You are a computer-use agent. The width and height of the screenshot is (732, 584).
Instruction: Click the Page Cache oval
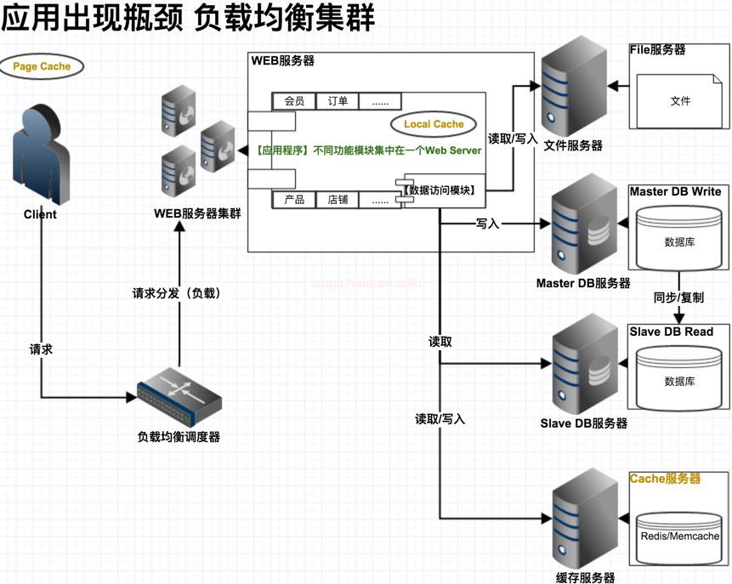(42, 66)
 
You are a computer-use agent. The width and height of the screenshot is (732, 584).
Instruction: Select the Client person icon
(41, 155)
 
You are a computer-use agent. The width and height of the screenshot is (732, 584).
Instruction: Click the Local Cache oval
(434, 124)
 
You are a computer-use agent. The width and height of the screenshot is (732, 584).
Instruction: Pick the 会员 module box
(294, 101)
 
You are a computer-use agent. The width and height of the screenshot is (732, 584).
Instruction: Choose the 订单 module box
(338, 101)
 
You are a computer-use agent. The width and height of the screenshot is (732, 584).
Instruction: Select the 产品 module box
(294, 200)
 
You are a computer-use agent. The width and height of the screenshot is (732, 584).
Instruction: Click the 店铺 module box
(338, 200)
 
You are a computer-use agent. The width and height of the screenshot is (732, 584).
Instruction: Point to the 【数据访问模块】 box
(440, 190)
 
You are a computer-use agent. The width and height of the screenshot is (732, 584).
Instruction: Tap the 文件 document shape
(680, 101)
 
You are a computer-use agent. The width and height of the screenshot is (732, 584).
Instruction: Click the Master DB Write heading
(675, 191)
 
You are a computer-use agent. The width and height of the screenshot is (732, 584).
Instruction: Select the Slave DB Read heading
(672, 332)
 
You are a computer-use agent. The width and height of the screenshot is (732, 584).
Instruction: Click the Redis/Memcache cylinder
(679, 538)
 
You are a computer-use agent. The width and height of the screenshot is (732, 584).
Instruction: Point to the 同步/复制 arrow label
(678, 298)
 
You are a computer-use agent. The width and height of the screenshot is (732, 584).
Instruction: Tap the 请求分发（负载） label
(177, 293)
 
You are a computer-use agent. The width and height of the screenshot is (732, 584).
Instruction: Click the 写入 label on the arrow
(487, 224)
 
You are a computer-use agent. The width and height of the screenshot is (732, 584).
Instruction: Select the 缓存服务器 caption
(585, 578)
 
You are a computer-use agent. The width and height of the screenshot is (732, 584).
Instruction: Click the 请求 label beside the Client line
(41, 349)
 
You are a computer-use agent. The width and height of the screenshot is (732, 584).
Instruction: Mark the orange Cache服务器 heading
(665, 479)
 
